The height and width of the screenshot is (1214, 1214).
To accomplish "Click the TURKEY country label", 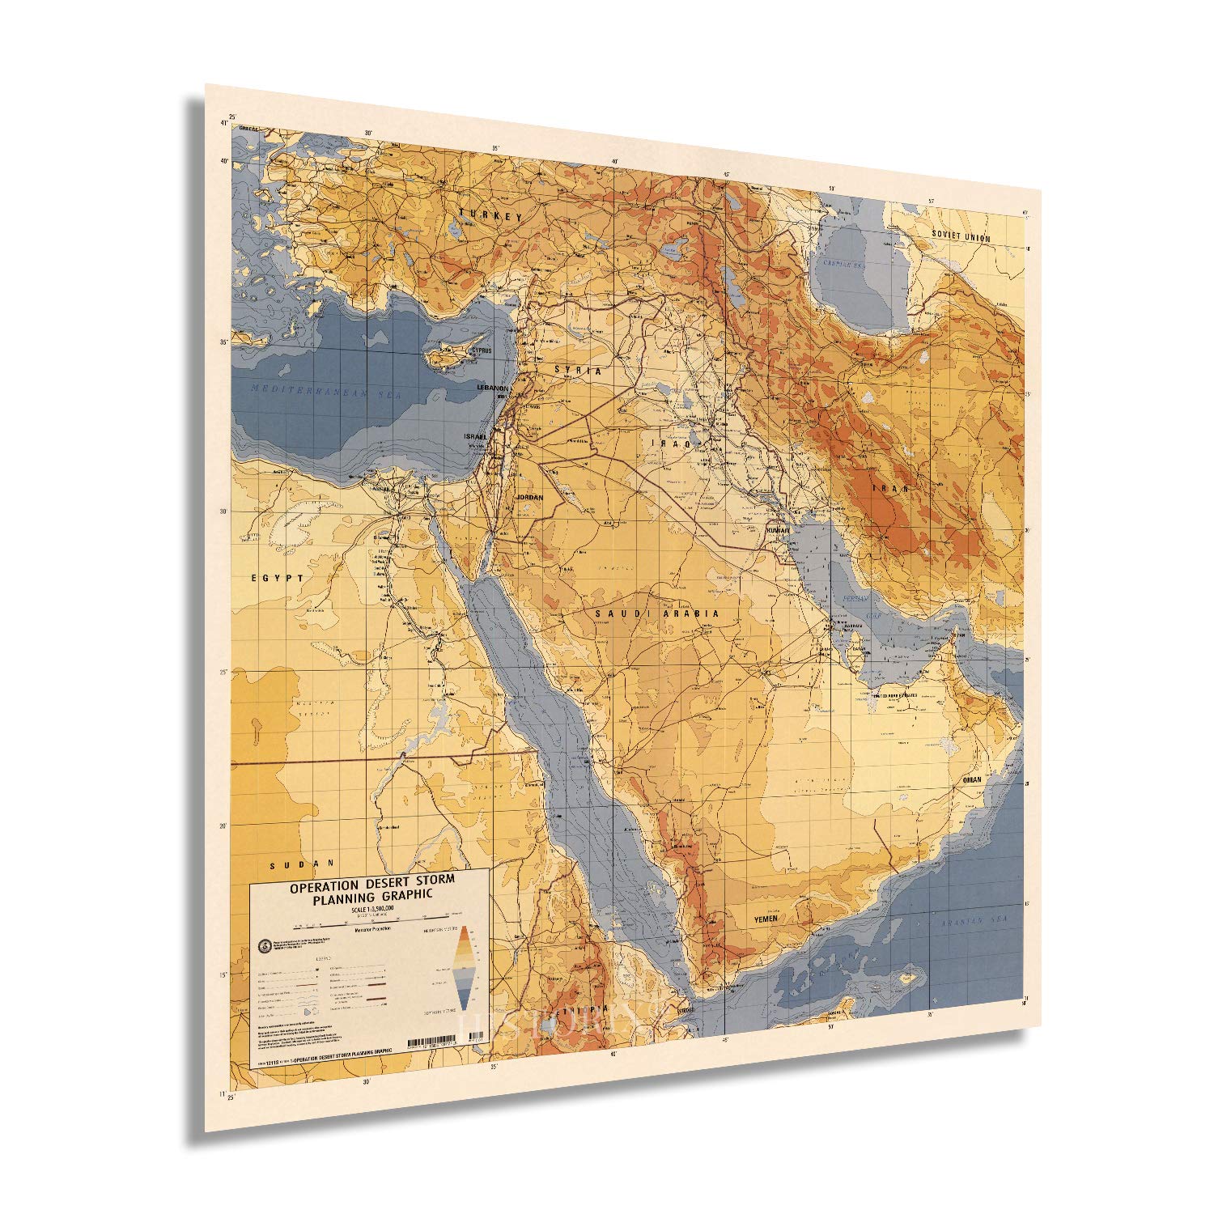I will (x=490, y=215).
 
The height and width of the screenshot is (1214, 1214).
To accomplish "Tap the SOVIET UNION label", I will (x=961, y=235).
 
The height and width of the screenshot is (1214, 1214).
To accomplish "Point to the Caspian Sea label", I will (x=845, y=264).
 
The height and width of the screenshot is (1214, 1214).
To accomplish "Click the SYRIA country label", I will (x=578, y=369).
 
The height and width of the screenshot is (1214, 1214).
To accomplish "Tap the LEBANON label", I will (x=493, y=388).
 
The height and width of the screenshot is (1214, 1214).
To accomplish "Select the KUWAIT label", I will (x=776, y=530).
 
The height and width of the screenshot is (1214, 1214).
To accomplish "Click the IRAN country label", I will (x=890, y=489).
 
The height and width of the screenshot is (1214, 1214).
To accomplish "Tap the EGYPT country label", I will (x=277, y=578).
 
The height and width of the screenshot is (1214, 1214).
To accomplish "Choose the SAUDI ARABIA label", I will (x=657, y=614).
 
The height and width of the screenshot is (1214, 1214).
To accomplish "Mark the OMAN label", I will (x=971, y=779).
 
